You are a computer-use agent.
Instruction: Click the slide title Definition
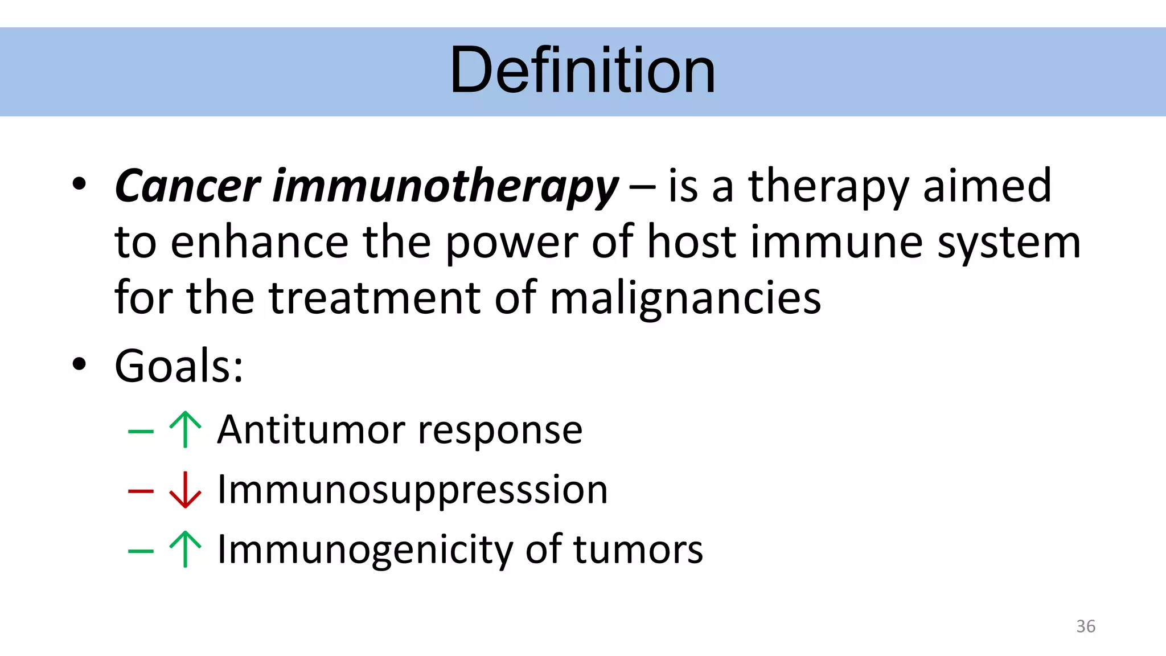(582, 71)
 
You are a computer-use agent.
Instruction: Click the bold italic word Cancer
(187, 186)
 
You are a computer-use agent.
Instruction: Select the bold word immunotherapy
(445, 186)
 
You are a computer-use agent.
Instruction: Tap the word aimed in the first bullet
(987, 186)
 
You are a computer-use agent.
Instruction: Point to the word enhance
(260, 242)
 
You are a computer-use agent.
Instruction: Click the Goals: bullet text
(179, 366)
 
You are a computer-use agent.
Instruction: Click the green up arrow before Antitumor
(185, 429)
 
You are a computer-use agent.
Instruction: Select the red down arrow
(185, 490)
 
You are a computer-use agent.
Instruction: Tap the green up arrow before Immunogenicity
(185, 549)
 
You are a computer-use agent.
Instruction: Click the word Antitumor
(311, 429)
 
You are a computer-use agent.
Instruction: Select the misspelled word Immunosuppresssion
(413, 490)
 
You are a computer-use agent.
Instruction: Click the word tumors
(638, 550)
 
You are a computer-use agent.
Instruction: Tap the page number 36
(1085, 626)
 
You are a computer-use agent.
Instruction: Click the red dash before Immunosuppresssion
(141, 490)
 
